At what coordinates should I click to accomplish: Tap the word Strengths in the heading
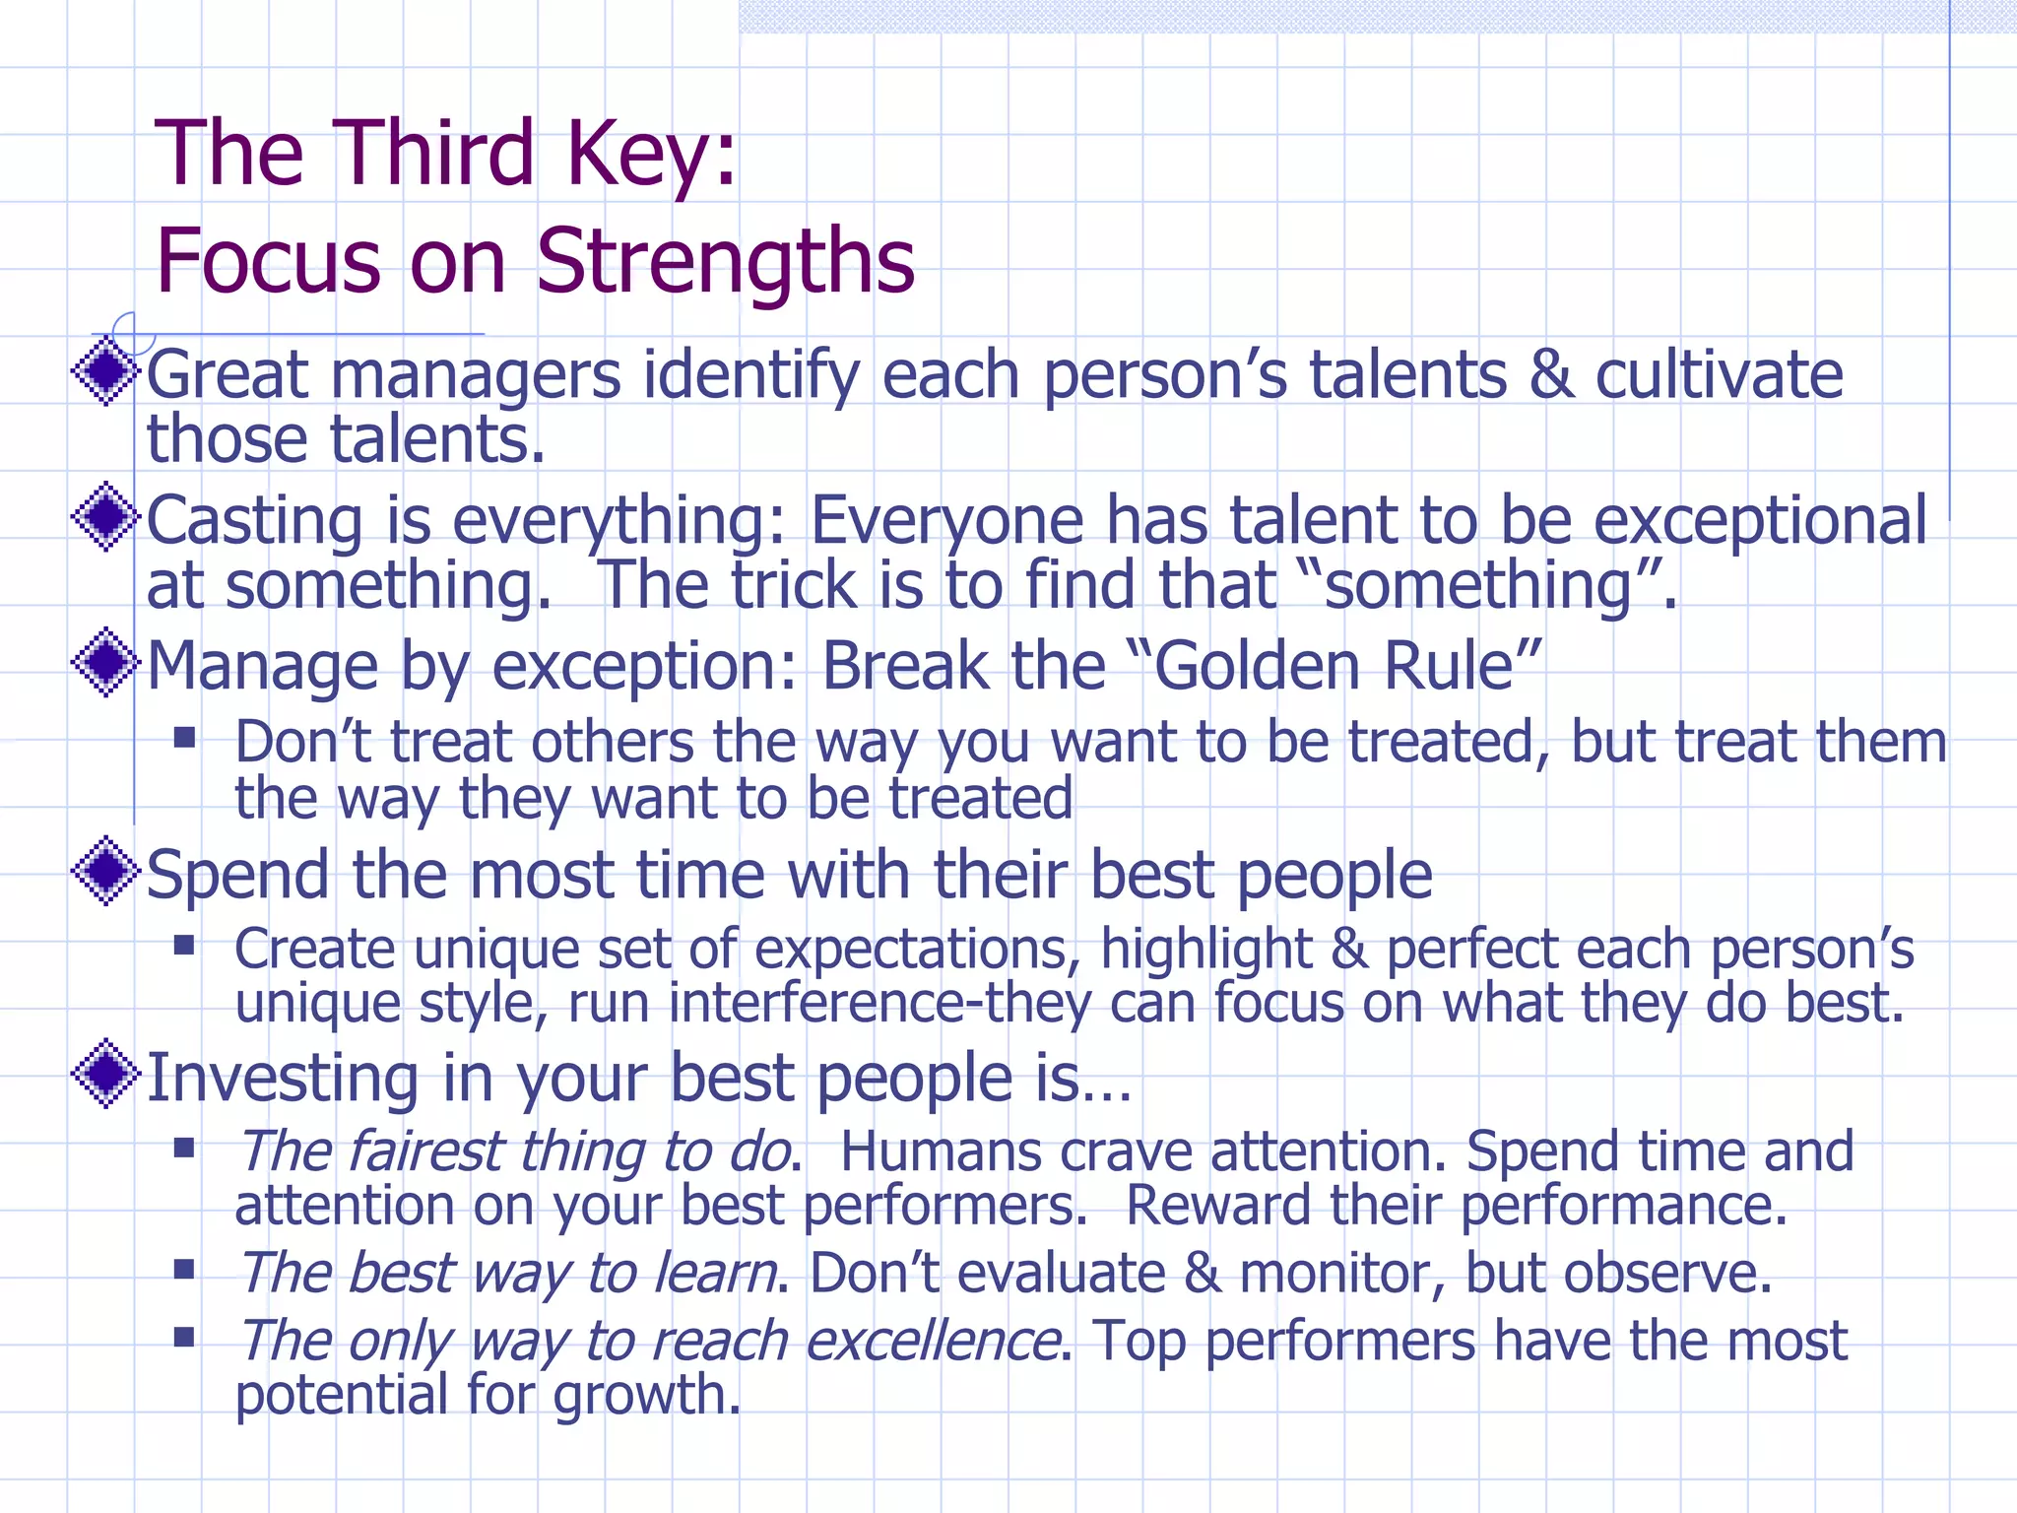725,261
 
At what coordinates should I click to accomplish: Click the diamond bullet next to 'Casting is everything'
105,516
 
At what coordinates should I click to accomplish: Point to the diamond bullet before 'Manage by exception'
105,662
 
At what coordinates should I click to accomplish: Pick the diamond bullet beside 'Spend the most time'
105,871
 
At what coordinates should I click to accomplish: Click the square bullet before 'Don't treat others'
184,738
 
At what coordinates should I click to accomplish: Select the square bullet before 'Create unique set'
184,946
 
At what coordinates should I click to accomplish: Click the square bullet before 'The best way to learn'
184,1269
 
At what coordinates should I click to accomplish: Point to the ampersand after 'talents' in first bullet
1550,375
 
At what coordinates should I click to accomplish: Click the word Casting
255,521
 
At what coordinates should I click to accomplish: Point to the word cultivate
1718,375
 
